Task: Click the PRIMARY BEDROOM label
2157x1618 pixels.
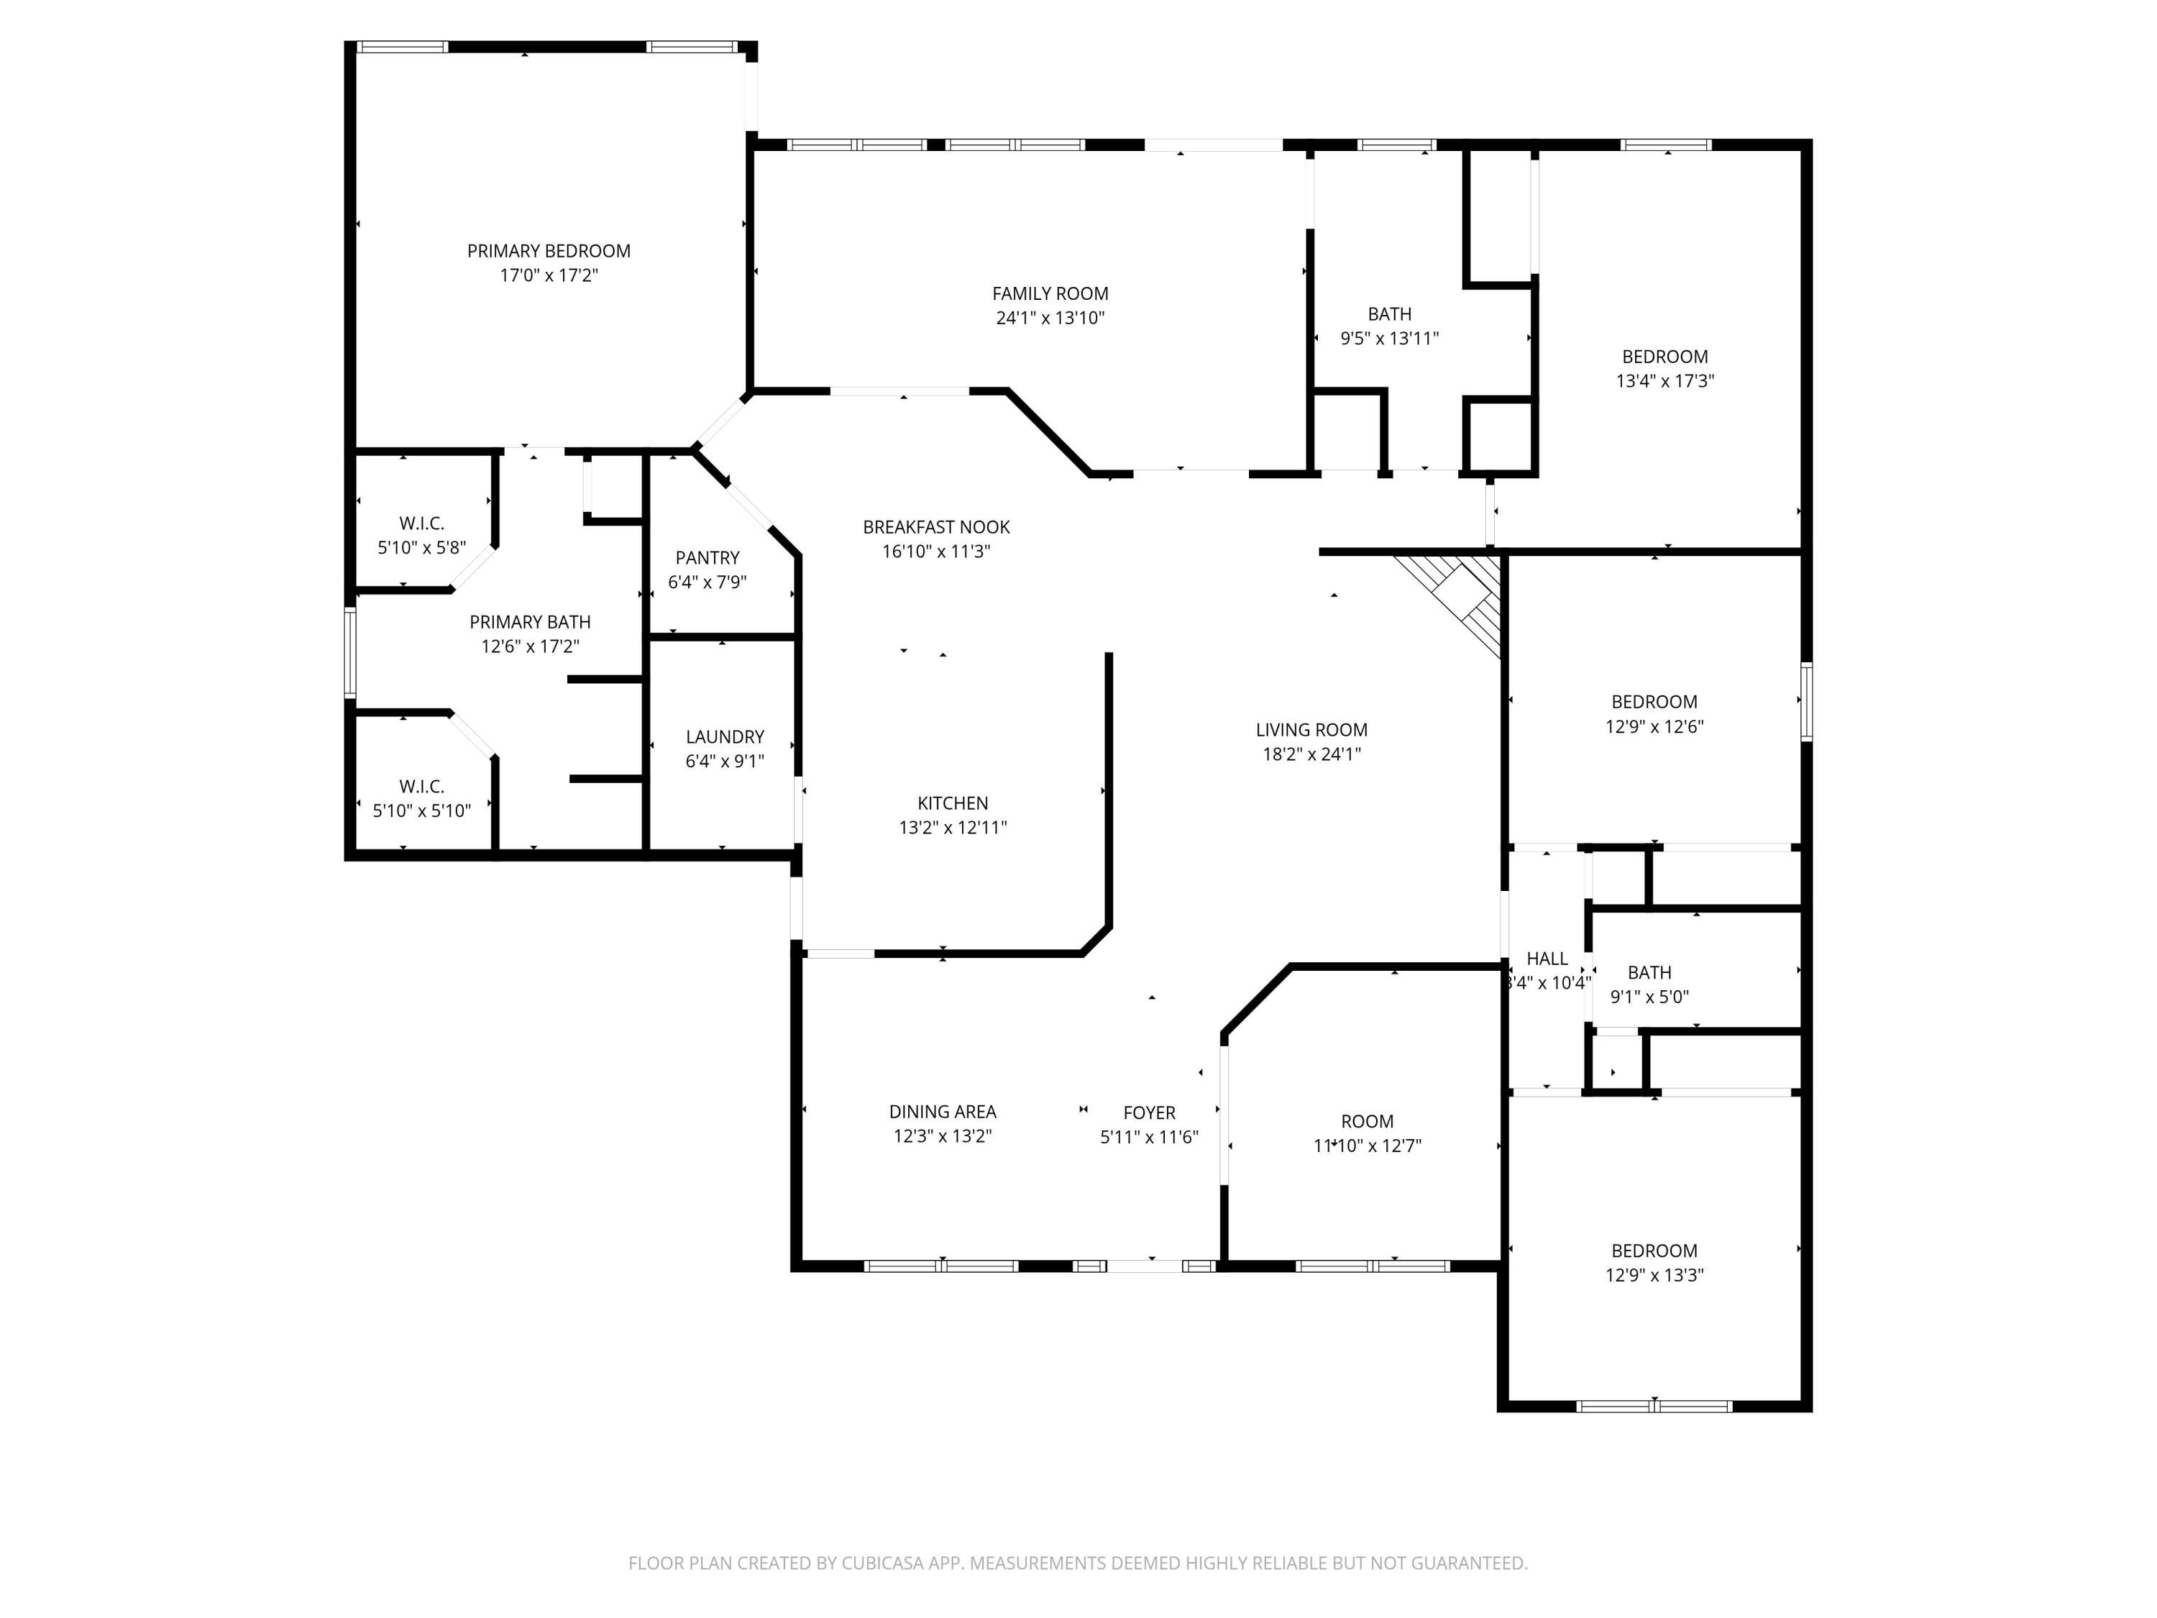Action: [x=548, y=251]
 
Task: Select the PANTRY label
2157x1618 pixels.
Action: [x=707, y=558]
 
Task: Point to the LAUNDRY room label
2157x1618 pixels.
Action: [x=725, y=737]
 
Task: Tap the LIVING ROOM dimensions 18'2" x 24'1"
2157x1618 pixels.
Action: [x=1311, y=754]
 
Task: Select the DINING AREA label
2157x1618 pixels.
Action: [x=942, y=1112]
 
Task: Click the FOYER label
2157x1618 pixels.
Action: [x=1149, y=1112]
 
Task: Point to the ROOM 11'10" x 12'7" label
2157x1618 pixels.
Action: [x=1366, y=1122]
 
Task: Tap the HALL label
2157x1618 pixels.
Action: [x=1547, y=959]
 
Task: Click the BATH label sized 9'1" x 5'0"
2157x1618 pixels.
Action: [x=1649, y=972]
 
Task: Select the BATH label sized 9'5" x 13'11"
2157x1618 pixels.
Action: [x=1388, y=314]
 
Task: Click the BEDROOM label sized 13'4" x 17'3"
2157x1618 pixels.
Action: [x=1664, y=357]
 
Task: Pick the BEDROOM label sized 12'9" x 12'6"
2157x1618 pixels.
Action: [x=1654, y=702]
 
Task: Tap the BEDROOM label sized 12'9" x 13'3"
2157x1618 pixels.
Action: [x=1654, y=1251]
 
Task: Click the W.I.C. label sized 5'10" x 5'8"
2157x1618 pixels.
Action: [x=421, y=524]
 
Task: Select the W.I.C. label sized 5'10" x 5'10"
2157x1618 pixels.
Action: [x=421, y=786]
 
